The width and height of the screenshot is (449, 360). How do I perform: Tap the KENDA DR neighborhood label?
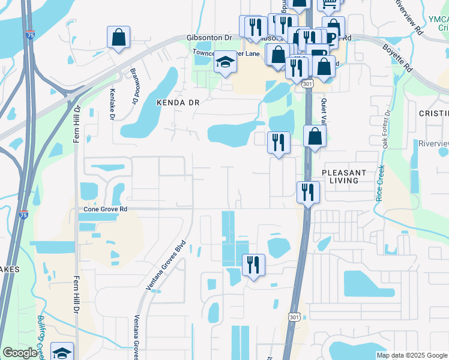tap(177, 103)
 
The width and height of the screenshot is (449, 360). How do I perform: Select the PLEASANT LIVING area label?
tap(348, 176)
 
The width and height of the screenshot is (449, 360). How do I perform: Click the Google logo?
tap(20, 353)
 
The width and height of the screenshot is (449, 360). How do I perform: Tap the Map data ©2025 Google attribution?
tap(411, 355)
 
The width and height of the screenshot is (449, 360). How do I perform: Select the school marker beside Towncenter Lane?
tap(225, 63)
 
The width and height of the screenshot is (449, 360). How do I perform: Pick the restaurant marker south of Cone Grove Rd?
tap(253, 265)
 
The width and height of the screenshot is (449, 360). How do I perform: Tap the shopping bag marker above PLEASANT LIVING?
tap(315, 137)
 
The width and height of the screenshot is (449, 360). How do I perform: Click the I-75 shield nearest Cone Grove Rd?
tap(22, 213)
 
